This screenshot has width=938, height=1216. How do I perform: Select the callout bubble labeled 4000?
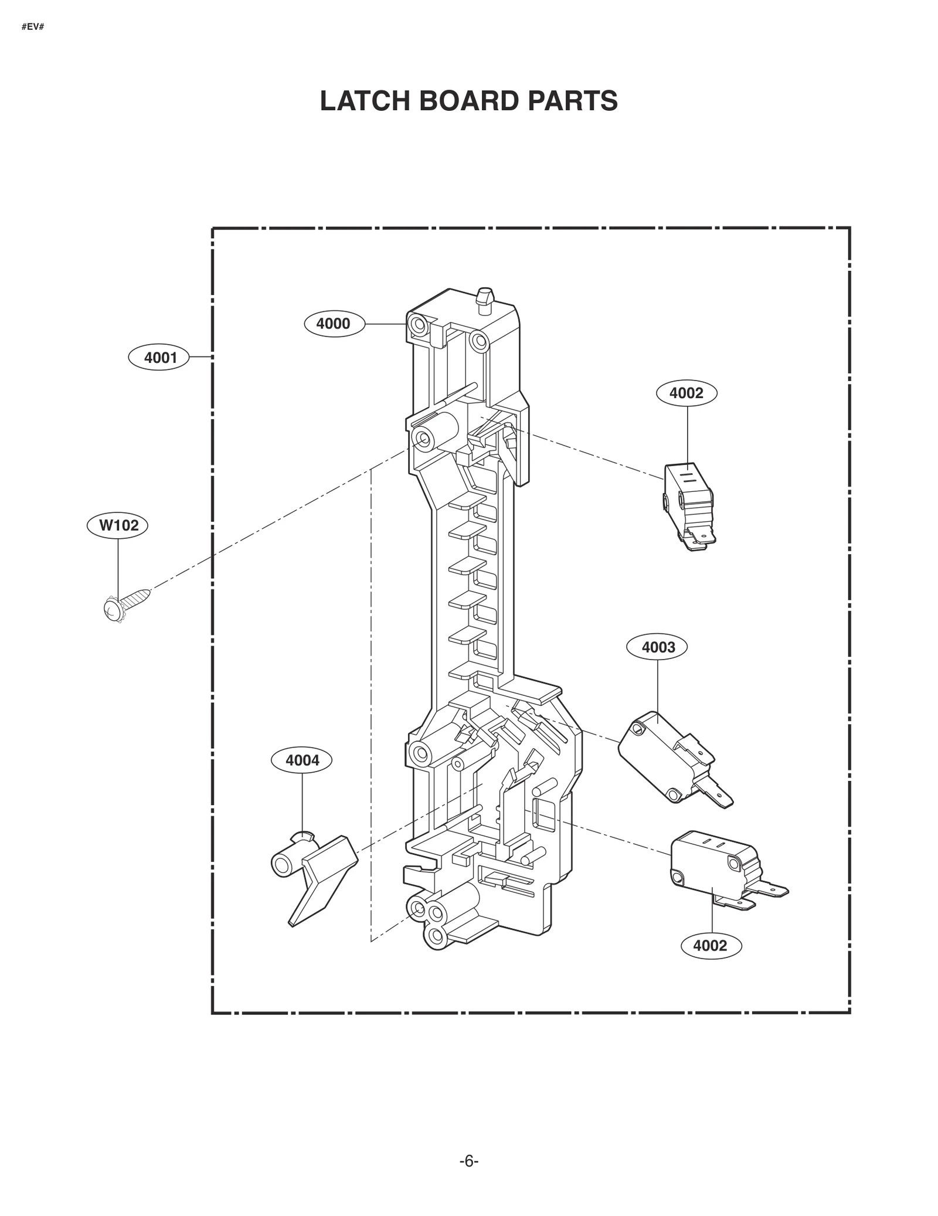click(x=334, y=324)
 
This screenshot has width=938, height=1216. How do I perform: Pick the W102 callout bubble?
click(x=118, y=525)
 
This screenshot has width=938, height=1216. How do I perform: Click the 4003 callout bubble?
click(x=658, y=647)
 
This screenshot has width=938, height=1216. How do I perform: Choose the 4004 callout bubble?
click(x=302, y=760)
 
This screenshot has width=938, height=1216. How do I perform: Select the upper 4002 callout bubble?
click(x=686, y=393)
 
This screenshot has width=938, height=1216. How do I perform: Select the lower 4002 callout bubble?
click(x=710, y=946)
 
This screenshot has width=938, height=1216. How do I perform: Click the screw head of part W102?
click(x=111, y=610)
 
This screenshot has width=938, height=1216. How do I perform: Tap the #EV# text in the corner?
click(x=33, y=28)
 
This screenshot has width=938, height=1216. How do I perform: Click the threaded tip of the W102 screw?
click(x=147, y=593)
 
